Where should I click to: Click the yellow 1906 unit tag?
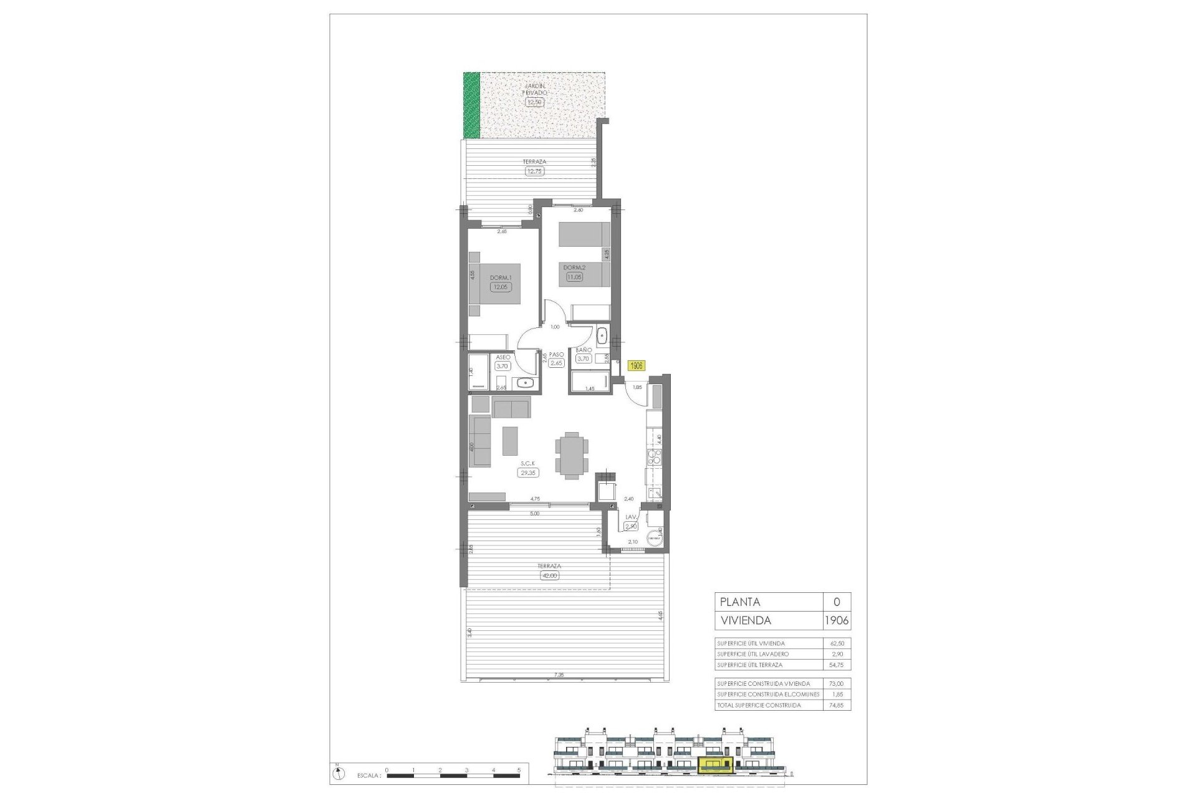point(637,366)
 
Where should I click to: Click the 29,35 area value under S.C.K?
point(528,473)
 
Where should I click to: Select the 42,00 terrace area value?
point(549,575)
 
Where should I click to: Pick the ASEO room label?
point(502,358)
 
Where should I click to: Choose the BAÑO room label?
point(583,350)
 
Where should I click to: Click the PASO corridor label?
point(556,354)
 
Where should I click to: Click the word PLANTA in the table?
point(739,602)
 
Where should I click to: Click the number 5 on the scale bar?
point(519,770)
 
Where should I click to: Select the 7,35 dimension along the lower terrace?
point(558,675)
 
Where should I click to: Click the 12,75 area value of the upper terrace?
point(535,171)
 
